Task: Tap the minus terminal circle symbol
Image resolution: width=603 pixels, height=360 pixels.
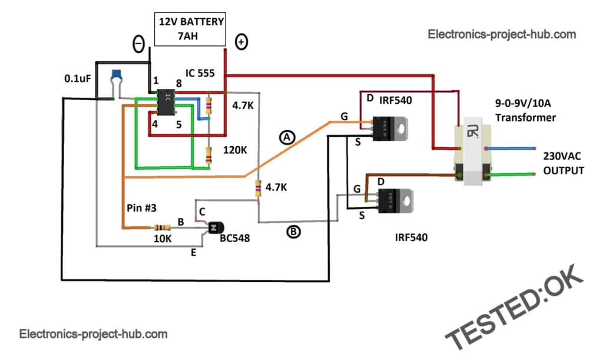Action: (x=138, y=44)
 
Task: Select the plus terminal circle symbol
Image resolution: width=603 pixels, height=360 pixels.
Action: (x=241, y=42)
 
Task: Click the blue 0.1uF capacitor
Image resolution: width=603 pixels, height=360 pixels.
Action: (x=117, y=76)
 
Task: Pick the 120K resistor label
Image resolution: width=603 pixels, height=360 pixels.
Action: (x=235, y=150)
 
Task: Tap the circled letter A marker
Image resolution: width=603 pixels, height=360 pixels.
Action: (x=287, y=137)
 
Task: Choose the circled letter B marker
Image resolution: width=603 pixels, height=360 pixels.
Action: (x=293, y=232)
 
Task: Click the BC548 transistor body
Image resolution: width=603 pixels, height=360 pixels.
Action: (x=215, y=227)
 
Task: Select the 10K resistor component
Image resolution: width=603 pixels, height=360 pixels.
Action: (x=160, y=227)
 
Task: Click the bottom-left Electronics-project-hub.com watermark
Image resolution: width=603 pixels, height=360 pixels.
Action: (x=94, y=334)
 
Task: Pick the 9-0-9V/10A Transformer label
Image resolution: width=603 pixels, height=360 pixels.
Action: (x=525, y=111)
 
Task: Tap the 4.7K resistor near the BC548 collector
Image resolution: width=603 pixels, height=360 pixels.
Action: (x=258, y=189)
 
